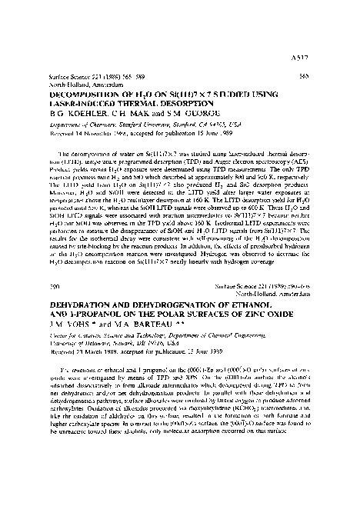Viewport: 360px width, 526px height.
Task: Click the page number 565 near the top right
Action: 321,76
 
